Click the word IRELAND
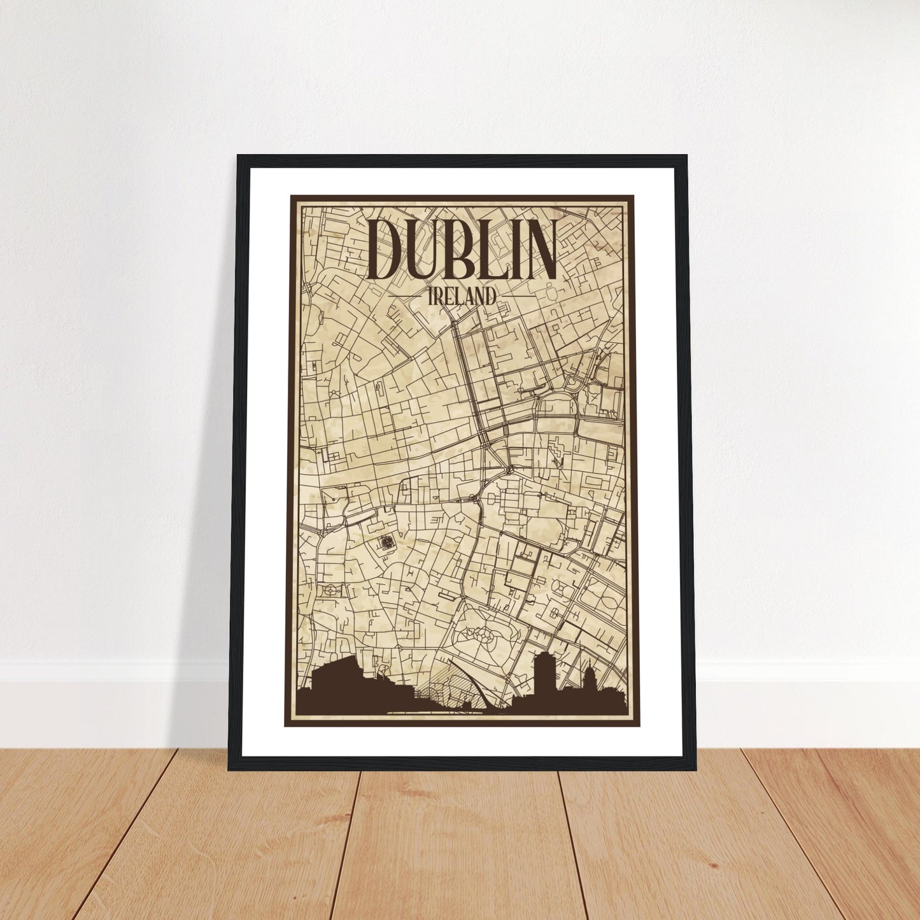pos(462,296)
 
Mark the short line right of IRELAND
pos(518,296)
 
